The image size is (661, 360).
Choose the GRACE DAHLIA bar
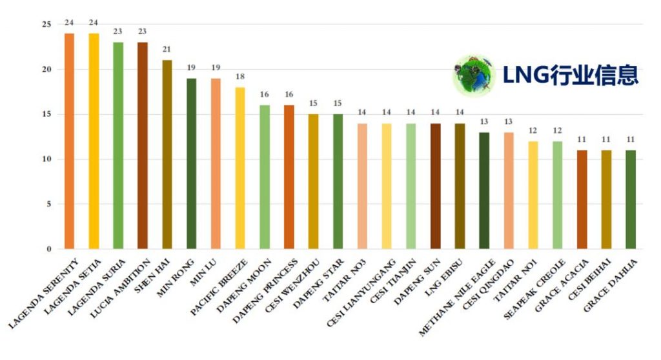pyautogui.click(x=630, y=199)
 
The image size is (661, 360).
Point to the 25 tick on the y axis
pyautogui.click(x=45, y=25)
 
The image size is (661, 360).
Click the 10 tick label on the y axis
pyautogui.click(x=45, y=159)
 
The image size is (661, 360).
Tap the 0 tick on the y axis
pyautogui.click(x=48, y=249)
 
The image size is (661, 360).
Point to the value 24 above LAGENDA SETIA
pyautogui.click(x=94, y=23)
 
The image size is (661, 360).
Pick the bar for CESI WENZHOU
pyautogui.click(x=312, y=181)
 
